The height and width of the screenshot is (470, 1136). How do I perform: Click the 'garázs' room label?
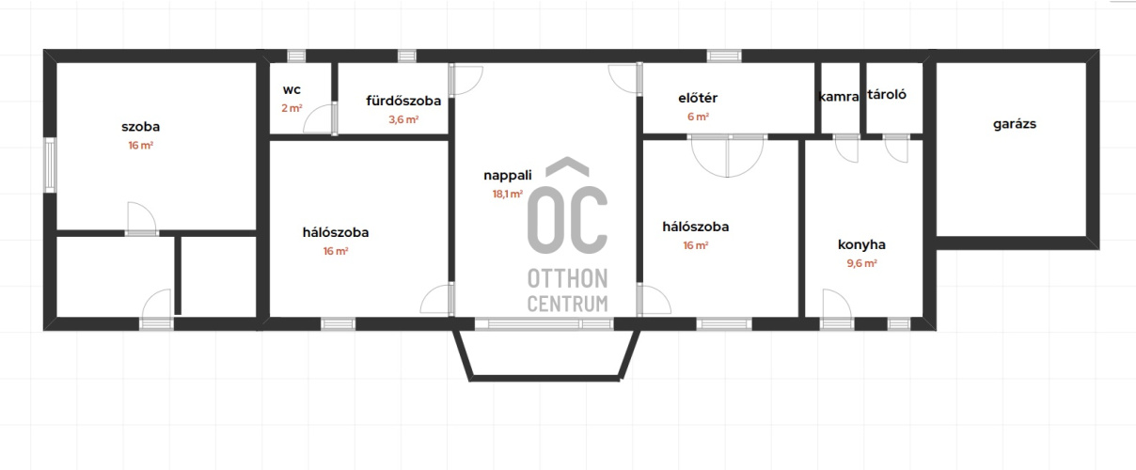click(1015, 125)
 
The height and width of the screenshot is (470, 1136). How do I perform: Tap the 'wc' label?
click(292, 89)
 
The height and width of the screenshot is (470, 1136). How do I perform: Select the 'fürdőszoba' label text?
click(403, 101)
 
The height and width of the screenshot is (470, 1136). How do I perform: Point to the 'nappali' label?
click(508, 176)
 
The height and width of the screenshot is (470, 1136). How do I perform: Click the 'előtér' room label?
click(698, 98)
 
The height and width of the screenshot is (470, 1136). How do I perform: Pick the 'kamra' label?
click(839, 96)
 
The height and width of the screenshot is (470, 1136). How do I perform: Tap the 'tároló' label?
click(887, 94)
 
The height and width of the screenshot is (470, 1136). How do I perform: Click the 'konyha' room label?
click(861, 245)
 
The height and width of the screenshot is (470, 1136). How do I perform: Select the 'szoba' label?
click(140, 127)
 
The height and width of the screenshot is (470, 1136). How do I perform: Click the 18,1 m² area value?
click(508, 195)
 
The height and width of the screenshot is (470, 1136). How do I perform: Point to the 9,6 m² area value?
click(861, 263)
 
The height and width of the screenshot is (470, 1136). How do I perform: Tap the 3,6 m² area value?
click(403, 119)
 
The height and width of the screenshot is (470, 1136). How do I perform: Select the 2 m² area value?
click(292, 108)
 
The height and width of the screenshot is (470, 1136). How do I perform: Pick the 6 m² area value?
click(698, 117)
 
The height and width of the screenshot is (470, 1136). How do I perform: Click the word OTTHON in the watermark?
click(567, 279)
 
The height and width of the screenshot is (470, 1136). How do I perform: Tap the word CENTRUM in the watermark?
click(567, 304)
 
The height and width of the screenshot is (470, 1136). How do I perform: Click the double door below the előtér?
click(728, 155)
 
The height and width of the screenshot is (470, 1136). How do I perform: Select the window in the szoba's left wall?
click(50, 165)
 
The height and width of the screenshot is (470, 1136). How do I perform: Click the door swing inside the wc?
click(321, 119)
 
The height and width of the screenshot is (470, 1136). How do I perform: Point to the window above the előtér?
click(724, 55)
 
